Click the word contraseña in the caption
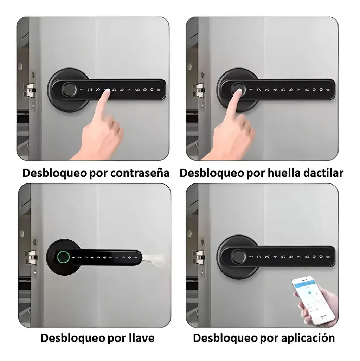(x=140, y=173)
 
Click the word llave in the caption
(x=141, y=338)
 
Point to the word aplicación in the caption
(x=308, y=338)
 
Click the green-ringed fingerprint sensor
(x=63, y=257)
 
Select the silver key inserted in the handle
(x=154, y=260)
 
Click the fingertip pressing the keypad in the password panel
(x=106, y=92)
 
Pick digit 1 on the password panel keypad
(x=82, y=89)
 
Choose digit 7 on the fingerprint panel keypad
(x=299, y=90)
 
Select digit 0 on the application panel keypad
(x=321, y=257)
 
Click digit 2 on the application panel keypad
(x=259, y=257)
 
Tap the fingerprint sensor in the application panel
(x=237, y=256)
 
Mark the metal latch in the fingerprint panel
(x=199, y=90)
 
